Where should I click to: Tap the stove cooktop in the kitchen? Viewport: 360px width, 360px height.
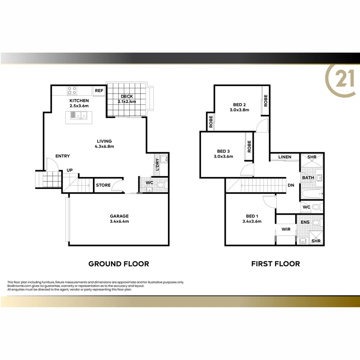(72, 90)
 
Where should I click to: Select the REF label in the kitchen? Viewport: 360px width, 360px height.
(99, 91)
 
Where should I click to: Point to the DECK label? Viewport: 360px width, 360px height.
(127, 97)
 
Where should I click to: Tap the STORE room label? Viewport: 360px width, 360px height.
(103, 185)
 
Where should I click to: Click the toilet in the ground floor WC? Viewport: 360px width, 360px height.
(161, 184)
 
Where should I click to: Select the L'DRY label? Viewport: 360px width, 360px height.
(157, 164)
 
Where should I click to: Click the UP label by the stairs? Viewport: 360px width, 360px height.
(70, 170)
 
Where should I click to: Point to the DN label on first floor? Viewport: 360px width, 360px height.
(291, 185)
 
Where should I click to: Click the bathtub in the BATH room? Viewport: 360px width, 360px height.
(312, 193)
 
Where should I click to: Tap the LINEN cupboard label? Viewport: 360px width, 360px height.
(285, 157)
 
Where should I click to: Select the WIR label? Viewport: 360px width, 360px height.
(286, 229)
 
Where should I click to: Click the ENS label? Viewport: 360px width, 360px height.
(305, 222)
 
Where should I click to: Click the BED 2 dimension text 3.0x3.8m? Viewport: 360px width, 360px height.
(239, 110)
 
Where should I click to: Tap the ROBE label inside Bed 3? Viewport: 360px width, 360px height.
(249, 146)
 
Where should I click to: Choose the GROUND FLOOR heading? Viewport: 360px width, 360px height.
(118, 264)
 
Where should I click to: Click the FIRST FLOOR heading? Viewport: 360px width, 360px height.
(275, 264)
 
